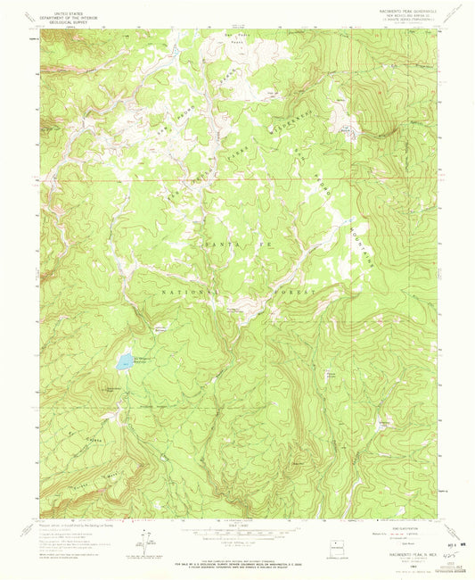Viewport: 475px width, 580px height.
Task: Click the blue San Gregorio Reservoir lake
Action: pos(121,365)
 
